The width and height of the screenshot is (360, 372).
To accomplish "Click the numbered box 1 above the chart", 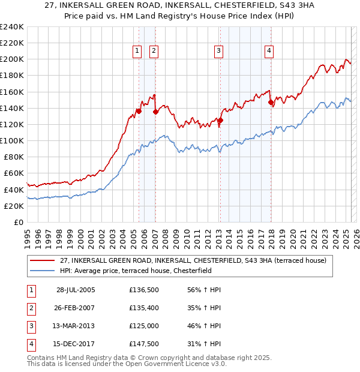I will tap(138, 52).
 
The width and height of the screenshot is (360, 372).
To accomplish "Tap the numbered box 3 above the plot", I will tap(218, 52).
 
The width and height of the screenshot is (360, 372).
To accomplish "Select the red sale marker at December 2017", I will tap(271, 103).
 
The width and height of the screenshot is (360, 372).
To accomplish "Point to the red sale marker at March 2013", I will tap(220, 120).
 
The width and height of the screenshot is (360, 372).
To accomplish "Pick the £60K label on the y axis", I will tap(13, 173).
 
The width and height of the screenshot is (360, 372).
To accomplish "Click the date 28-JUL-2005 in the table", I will tap(76, 290).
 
